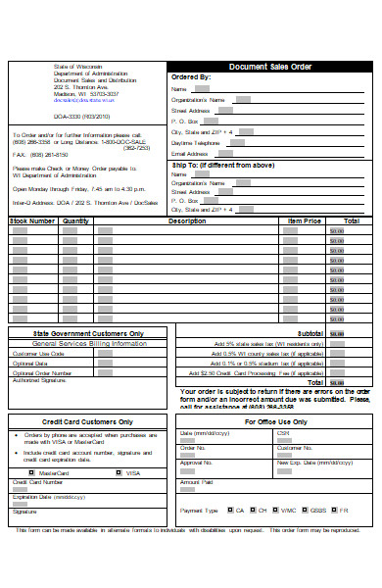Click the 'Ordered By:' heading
pyautogui.click(x=190, y=76)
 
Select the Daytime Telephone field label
pyautogui.click(x=196, y=142)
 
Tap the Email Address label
pyautogui.click(x=190, y=154)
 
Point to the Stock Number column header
pyautogui.click(x=32, y=221)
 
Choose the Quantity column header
pyautogui.click(x=75, y=221)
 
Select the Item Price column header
pyautogui.click(x=304, y=221)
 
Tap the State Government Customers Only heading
pyautogui.click(x=89, y=333)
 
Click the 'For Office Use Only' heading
pyautogui.click(x=275, y=421)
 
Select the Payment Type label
pyautogui.click(x=199, y=511)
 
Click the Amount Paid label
pyautogui.click(x=196, y=482)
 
